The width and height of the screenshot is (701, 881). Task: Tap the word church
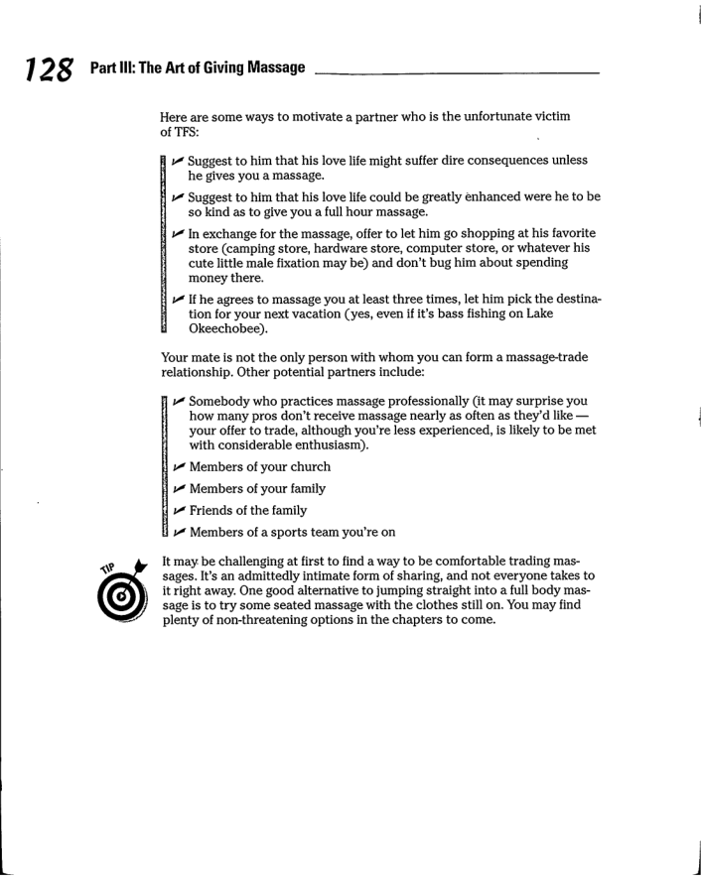point(306,466)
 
